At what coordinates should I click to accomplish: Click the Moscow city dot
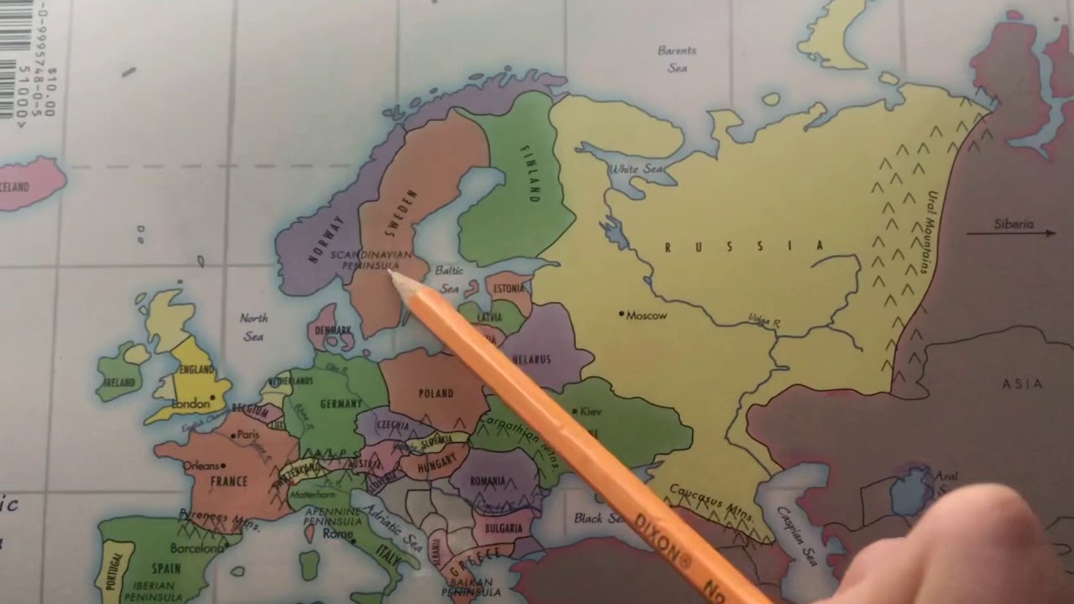(x=622, y=314)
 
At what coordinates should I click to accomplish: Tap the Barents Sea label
(x=677, y=59)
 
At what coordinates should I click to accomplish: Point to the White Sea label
(x=635, y=169)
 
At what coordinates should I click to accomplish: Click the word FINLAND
(x=529, y=174)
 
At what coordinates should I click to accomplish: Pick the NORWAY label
(x=326, y=239)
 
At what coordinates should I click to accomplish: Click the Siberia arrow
(x=1011, y=232)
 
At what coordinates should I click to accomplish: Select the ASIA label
(x=1023, y=383)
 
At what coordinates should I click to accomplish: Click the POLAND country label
(x=435, y=393)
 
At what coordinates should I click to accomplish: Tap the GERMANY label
(x=341, y=404)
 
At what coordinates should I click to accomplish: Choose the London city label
(x=190, y=404)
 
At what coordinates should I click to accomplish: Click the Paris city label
(x=248, y=435)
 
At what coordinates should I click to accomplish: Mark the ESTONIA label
(x=509, y=288)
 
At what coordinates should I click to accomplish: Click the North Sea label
(x=253, y=327)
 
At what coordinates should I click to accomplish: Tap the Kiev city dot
(x=574, y=411)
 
